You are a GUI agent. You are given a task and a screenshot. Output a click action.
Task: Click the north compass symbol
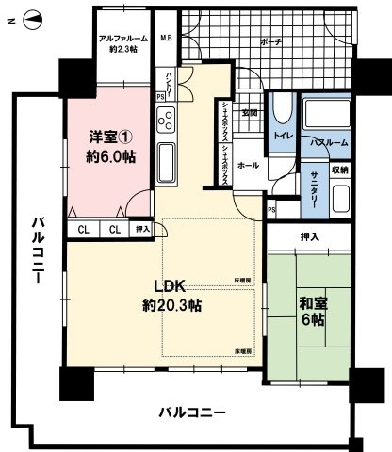tap(27, 17)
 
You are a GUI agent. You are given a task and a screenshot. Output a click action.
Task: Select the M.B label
tap(165, 39)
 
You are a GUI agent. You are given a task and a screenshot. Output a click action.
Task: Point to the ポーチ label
tap(269, 43)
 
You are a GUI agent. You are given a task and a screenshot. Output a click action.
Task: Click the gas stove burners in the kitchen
tap(166, 121)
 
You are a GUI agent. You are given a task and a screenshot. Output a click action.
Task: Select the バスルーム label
tap(330, 141)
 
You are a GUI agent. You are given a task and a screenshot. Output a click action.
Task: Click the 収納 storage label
tap(340, 169)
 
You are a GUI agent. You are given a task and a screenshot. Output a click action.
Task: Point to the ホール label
tap(249, 164)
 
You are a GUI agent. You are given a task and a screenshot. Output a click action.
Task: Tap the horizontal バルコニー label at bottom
tap(191, 412)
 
